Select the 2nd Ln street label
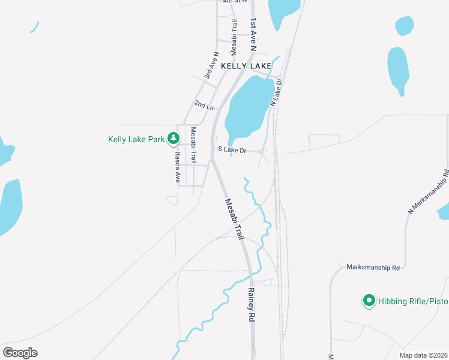click(203, 105)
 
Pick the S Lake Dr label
click(232, 149)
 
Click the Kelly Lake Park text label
click(136, 139)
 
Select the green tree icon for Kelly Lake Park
click(173, 139)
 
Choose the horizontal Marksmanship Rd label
click(373, 268)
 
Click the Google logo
click(20, 352)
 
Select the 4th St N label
click(235, 2)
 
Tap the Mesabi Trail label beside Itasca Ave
click(193, 145)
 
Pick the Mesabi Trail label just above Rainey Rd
click(235, 220)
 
